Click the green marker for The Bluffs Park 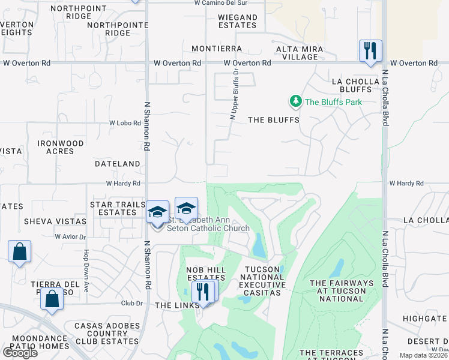coord(295,101)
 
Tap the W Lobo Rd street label coord(124,123)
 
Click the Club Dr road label coord(131,304)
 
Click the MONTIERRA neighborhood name coord(217,49)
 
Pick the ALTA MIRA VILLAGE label coord(300,53)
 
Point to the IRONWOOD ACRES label coord(61,147)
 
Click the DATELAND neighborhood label coord(117,163)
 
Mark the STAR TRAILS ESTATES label coord(118,209)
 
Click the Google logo coord(20,353)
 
